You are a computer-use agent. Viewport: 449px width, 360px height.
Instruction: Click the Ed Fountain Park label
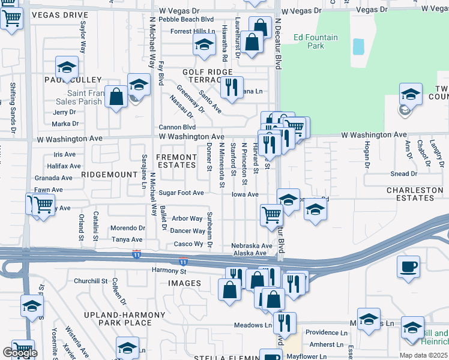[316, 41]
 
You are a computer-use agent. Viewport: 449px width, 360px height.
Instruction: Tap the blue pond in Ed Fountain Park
[358, 46]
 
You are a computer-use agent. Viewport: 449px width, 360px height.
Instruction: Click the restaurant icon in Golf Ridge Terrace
[231, 86]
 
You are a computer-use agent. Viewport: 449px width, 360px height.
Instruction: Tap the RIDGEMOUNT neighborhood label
[109, 174]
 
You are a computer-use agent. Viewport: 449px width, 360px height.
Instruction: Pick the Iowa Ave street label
[245, 194]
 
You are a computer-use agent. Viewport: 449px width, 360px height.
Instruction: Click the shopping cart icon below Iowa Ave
[272, 214]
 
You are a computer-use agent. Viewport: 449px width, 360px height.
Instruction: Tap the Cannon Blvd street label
[177, 127]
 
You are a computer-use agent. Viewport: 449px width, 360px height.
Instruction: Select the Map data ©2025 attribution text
[423, 355]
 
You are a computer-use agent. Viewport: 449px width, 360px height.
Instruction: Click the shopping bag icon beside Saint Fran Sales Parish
[116, 96]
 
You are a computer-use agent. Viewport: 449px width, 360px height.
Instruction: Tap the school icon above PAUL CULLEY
[67, 66]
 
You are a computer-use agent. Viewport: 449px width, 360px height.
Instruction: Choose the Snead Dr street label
[404, 174]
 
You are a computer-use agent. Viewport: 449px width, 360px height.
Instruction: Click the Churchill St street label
[90, 281]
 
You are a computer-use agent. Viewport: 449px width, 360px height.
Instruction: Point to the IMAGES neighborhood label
[184, 283]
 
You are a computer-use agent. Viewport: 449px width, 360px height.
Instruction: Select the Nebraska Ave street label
[252, 246]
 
